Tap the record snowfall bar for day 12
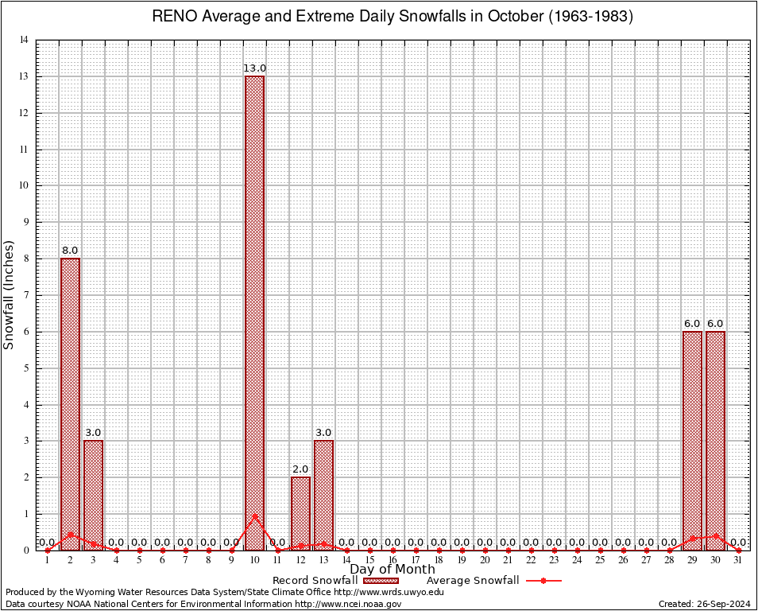click(x=300, y=513)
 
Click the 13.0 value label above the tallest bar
click(x=254, y=68)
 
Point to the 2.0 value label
click(x=300, y=469)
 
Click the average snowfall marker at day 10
click(x=254, y=516)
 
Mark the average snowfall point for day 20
click(x=485, y=550)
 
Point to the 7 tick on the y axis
click(x=26, y=295)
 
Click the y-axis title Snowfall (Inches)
click(x=9, y=295)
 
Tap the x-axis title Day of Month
click(x=393, y=570)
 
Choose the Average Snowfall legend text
click(x=473, y=581)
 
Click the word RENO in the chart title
click(x=172, y=17)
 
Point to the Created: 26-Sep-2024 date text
click(x=704, y=605)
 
